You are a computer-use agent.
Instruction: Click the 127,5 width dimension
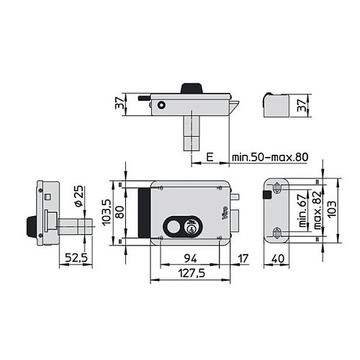point(192,273)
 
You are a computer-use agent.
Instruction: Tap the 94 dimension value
point(191,258)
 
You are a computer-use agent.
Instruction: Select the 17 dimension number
point(243,258)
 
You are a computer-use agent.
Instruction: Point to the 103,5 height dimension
point(107,212)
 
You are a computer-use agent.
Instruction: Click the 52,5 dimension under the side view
point(76,258)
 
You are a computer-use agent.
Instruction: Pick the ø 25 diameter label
point(79,196)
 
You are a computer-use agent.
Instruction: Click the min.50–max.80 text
point(270,157)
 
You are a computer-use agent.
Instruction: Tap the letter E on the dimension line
point(210,157)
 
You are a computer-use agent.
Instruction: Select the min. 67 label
point(303,210)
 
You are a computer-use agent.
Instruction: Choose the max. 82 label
point(318,210)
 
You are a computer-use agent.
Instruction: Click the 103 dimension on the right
point(332,210)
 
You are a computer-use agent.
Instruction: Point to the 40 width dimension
point(279,258)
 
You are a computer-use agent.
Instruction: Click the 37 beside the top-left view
point(120,103)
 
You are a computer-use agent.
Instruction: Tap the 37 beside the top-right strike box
point(302,105)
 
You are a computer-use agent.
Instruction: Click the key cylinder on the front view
point(192,228)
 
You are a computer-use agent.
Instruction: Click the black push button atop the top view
point(192,89)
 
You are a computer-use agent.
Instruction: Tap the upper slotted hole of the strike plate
point(277,188)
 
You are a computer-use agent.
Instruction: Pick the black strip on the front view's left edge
point(145,212)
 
